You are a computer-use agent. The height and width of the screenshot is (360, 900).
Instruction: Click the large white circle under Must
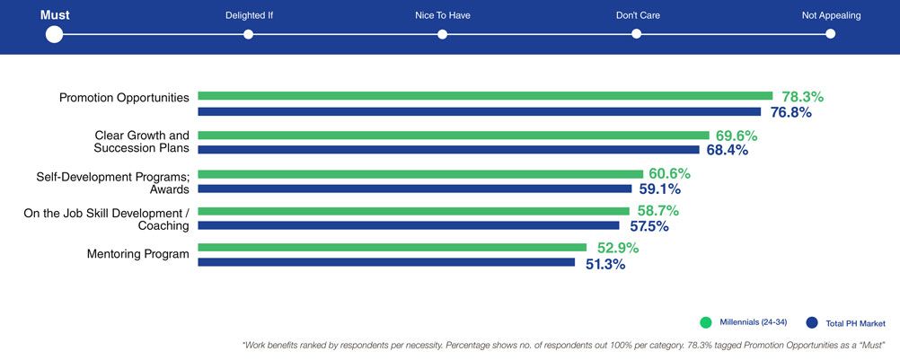tap(54, 34)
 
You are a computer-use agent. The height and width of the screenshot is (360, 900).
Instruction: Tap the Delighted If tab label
tap(249, 15)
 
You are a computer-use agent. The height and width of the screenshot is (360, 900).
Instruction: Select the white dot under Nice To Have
tap(443, 34)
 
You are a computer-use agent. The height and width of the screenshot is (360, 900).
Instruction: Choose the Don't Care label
tap(636, 15)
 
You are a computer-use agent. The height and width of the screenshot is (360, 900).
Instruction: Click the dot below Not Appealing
tap(830, 34)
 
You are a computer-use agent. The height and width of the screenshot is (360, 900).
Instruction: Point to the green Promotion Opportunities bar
tap(485, 95)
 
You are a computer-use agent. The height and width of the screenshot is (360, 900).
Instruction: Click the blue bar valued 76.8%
tap(479, 112)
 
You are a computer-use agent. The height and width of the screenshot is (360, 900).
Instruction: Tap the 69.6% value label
tap(737, 136)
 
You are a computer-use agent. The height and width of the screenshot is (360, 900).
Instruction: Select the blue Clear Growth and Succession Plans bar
tap(448, 150)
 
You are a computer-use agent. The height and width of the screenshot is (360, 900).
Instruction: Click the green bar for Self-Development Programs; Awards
tap(420, 173)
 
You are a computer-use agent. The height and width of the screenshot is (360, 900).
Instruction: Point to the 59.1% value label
tap(659, 189)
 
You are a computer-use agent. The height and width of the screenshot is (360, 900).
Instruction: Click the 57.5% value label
tap(649, 226)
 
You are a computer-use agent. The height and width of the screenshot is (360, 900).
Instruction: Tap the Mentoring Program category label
tap(138, 254)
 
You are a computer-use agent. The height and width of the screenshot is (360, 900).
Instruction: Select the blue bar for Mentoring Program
tap(386, 262)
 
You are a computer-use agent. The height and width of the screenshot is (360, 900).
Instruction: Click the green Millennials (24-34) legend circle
tap(706, 322)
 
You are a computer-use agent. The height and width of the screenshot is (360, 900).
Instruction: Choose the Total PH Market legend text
tap(855, 322)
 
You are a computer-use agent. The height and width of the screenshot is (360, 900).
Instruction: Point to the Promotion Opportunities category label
tap(124, 98)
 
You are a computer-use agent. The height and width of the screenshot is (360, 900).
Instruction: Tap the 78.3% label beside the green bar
tap(802, 96)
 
